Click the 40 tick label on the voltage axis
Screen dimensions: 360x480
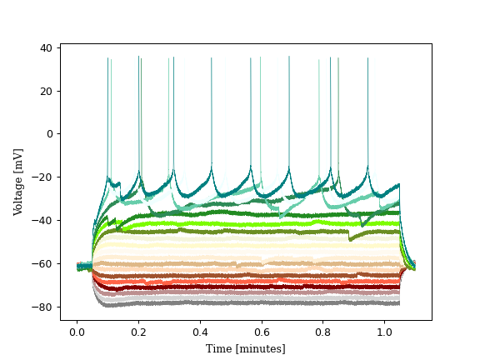pyautogui.click(x=47, y=47)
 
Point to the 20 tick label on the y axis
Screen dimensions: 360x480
pyautogui.click(x=47, y=91)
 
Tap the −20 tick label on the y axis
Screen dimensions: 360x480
pyautogui.click(x=43, y=177)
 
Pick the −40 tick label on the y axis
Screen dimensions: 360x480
pyautogui.click(x=43, y=221)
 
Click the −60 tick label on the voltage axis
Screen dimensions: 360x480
pyautogui.click(x=43, y=264)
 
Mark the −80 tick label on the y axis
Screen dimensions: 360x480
pyautogui.click(x=43, y=307)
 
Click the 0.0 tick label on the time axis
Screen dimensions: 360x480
pyautogui.click(x=77, y=332)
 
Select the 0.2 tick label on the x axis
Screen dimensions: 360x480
pyautogui.click(x=139, y=332)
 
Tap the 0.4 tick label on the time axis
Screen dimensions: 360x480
pyautogui.click(x=201, y=332)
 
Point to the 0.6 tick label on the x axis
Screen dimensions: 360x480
pyautogui.click(x=262, y=332)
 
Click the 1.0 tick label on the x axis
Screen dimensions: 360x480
pyautogui.click(x=385, y=332)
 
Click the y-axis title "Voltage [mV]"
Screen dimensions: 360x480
pyautogui.click(x=18, y=182)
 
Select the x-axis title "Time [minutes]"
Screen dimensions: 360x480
pyautogui.click(x=246, y=348)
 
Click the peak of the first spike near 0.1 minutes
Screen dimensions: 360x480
pyautogui.click(x=108, y=58)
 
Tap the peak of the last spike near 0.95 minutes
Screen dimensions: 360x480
pyautogui.click(x=367, y=58)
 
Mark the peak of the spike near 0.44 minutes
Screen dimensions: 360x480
pyautogui.click(x=212, y=58)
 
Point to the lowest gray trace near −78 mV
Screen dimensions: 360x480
pyautogui.click(x=250, y=303)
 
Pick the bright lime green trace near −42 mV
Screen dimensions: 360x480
pyautogui.click(x=250, y=223)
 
